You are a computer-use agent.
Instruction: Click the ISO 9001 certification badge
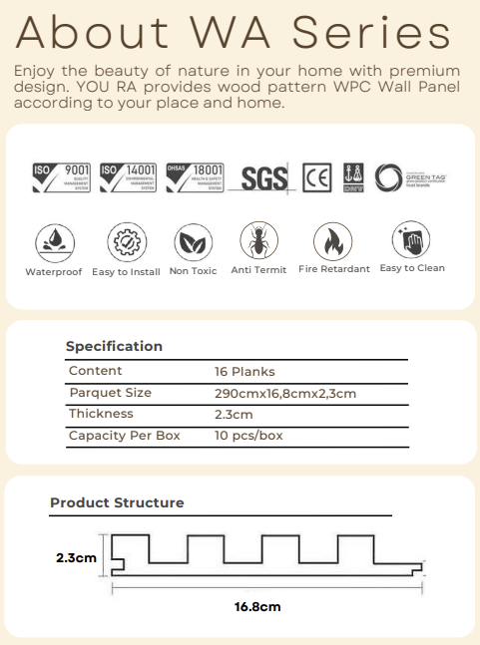click(x=62, y=178)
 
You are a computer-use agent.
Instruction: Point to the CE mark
click(x=317, y=178)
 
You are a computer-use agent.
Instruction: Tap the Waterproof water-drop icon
click(x=53, y=243)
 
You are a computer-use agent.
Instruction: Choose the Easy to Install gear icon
click(x=125, y=242)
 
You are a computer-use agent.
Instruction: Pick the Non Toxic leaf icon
click(x=193, y=242)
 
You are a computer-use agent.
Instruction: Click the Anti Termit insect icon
click(x=257, y=241)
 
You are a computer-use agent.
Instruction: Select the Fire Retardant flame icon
click(x=332, y=241)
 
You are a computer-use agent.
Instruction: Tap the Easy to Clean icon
click(x=411, y=240)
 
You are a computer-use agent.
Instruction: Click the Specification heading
click(x=114, y=346)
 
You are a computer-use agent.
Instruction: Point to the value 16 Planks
click(x=244, y=371)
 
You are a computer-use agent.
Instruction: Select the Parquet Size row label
click(x=110, y=393)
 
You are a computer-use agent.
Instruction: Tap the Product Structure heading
click(x=117, y=503)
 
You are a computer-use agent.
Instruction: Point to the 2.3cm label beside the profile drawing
click(x=76, y=557)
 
